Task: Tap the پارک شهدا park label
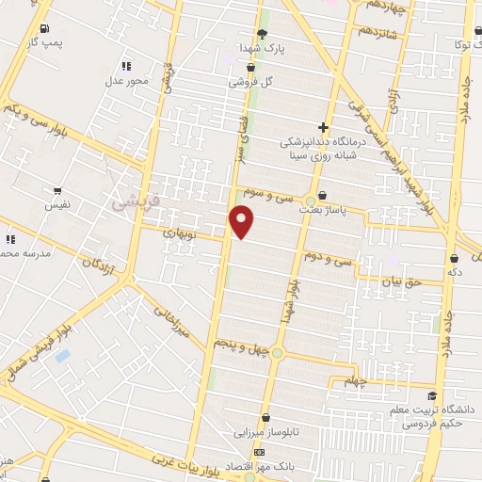260,46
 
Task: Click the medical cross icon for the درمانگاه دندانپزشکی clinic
323,127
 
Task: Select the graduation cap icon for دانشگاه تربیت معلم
431,395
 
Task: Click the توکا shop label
461,44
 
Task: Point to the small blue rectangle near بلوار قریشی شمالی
62,356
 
